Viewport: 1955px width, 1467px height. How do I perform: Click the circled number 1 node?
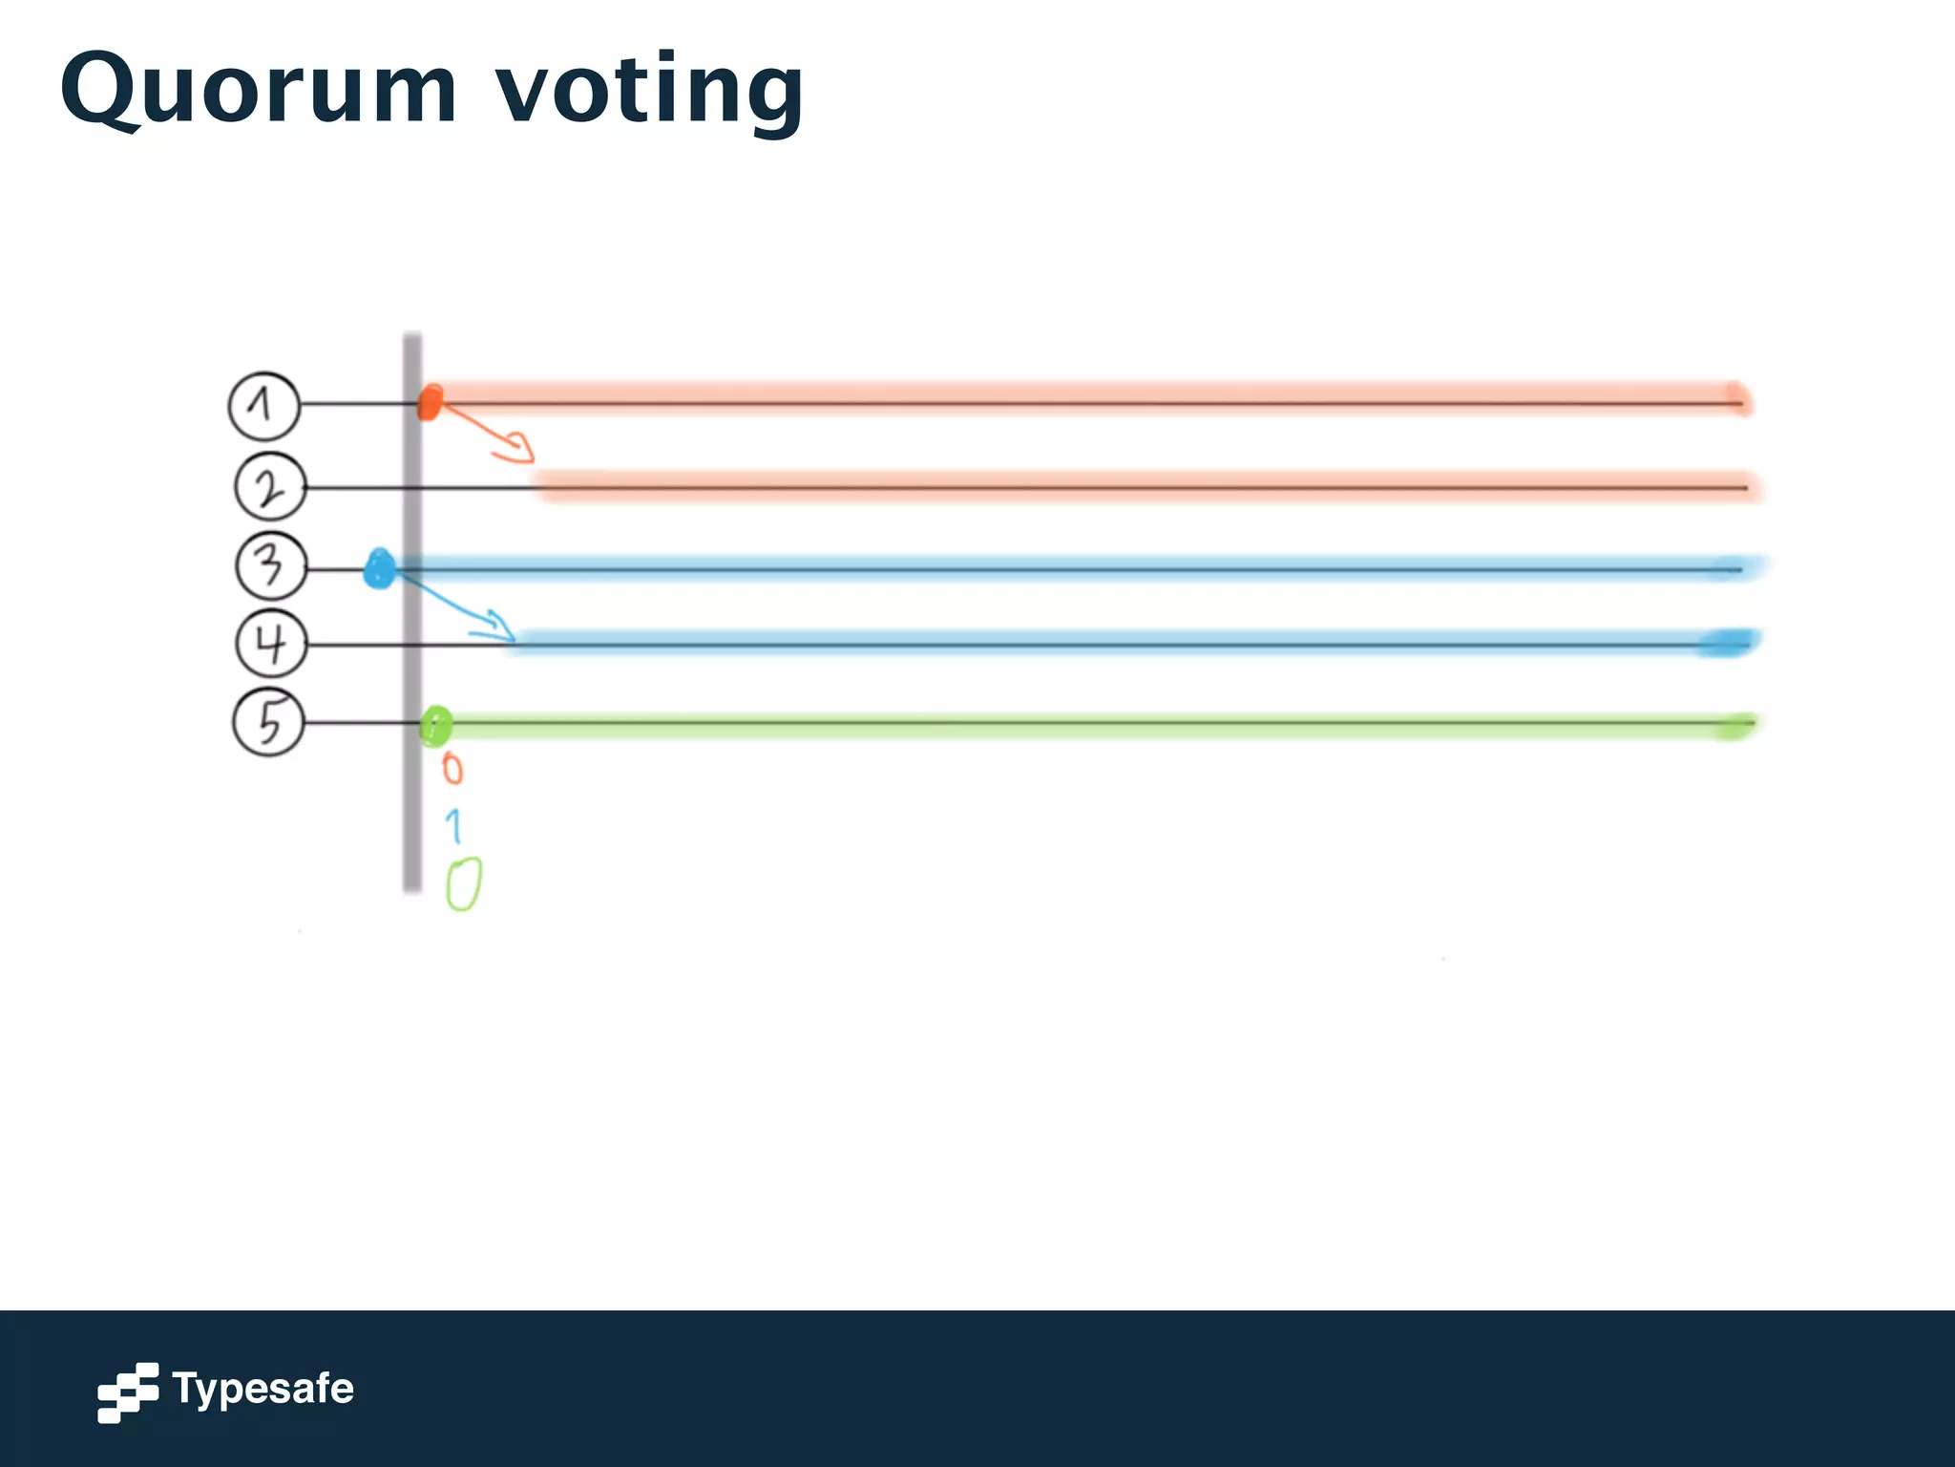(264, 406)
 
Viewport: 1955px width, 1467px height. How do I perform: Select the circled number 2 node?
(270, 487)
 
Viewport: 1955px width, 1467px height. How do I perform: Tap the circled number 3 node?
(271, 566)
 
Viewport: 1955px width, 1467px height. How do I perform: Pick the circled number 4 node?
(271, 644)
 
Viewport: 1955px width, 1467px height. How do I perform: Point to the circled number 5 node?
(269, 722)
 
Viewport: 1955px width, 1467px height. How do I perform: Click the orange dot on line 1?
(431, 402)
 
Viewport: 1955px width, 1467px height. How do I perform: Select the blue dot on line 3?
(380, 569)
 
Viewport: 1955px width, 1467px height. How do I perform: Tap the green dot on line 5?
(436, 726)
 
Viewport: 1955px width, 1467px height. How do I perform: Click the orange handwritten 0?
(452, 769)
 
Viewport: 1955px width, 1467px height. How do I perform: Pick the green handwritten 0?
(464, 883)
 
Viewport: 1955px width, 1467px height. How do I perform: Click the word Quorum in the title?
(259, 90)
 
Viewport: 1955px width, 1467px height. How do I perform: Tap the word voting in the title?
(650, 90)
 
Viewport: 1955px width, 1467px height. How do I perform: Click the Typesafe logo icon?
(128, 1393)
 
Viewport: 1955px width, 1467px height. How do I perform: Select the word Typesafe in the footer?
(263, 1389)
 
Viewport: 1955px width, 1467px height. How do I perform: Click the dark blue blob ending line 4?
(1727, 644)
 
